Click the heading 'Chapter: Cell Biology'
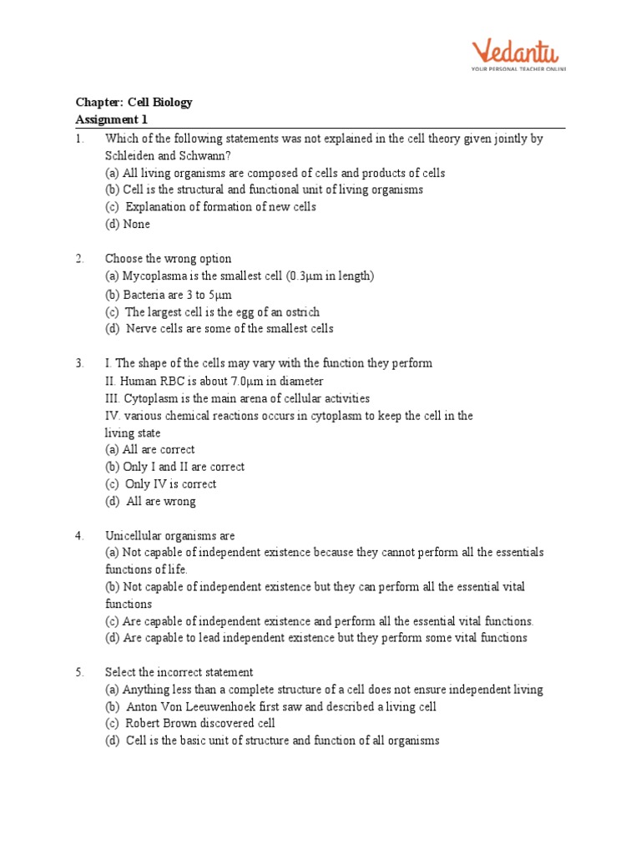click(134, 103)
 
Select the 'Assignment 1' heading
click(111, 119)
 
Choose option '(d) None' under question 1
click(128, 224)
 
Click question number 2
click(79, 259)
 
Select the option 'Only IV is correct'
click(170, 484)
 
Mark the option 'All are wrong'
click(161, 502)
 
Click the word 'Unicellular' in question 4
click(134, 536)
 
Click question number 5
click(79, 672)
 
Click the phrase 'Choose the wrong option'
click(169, 259)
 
